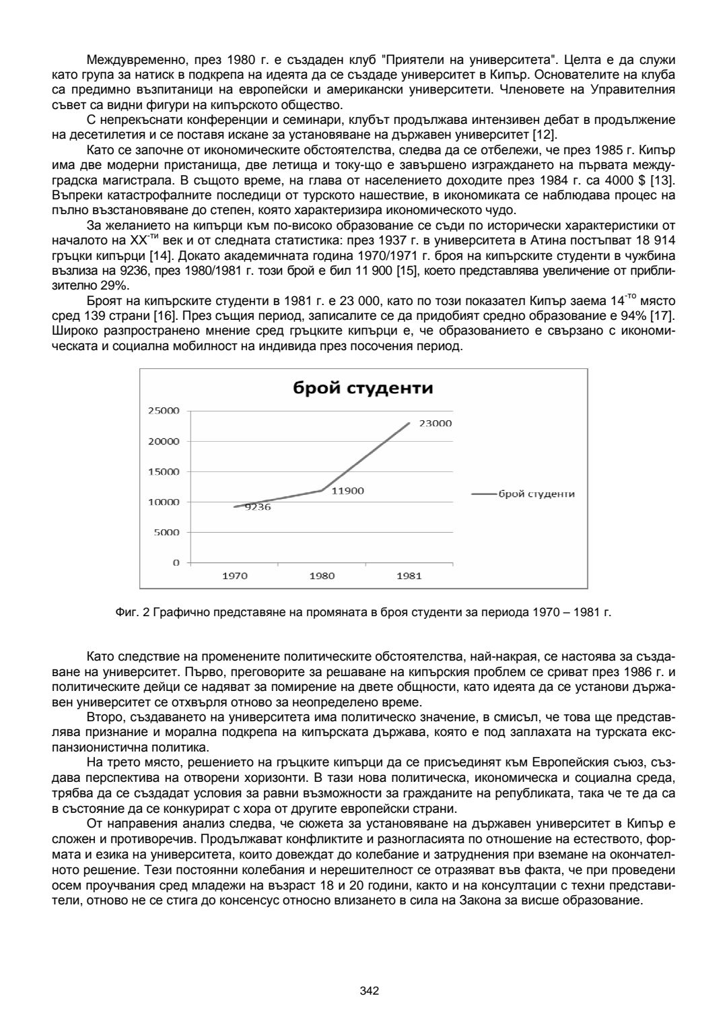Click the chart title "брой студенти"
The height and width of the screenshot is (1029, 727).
click(x=361, y=389)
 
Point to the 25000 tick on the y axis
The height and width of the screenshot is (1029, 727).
click(x=164, y=411)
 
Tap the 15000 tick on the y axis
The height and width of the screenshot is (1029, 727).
click(x=164, y=471)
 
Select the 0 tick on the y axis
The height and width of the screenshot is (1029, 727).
click(x=176, y=562)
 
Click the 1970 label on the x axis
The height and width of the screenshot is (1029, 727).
click(x=235, y=576)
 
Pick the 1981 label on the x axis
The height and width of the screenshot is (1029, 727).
click(x=409, y=576)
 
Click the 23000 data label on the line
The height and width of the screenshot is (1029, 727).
click(x=435, y=424)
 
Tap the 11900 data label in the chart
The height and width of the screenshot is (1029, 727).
click(x=348, y=491)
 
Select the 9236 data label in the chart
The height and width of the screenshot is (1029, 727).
click(x=256, y=507)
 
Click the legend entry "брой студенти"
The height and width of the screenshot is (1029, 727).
click(x=536, y=494)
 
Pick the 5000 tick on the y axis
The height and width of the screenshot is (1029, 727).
click(x=166, y=532)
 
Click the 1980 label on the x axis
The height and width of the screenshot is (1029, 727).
click(x=322, y=576)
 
